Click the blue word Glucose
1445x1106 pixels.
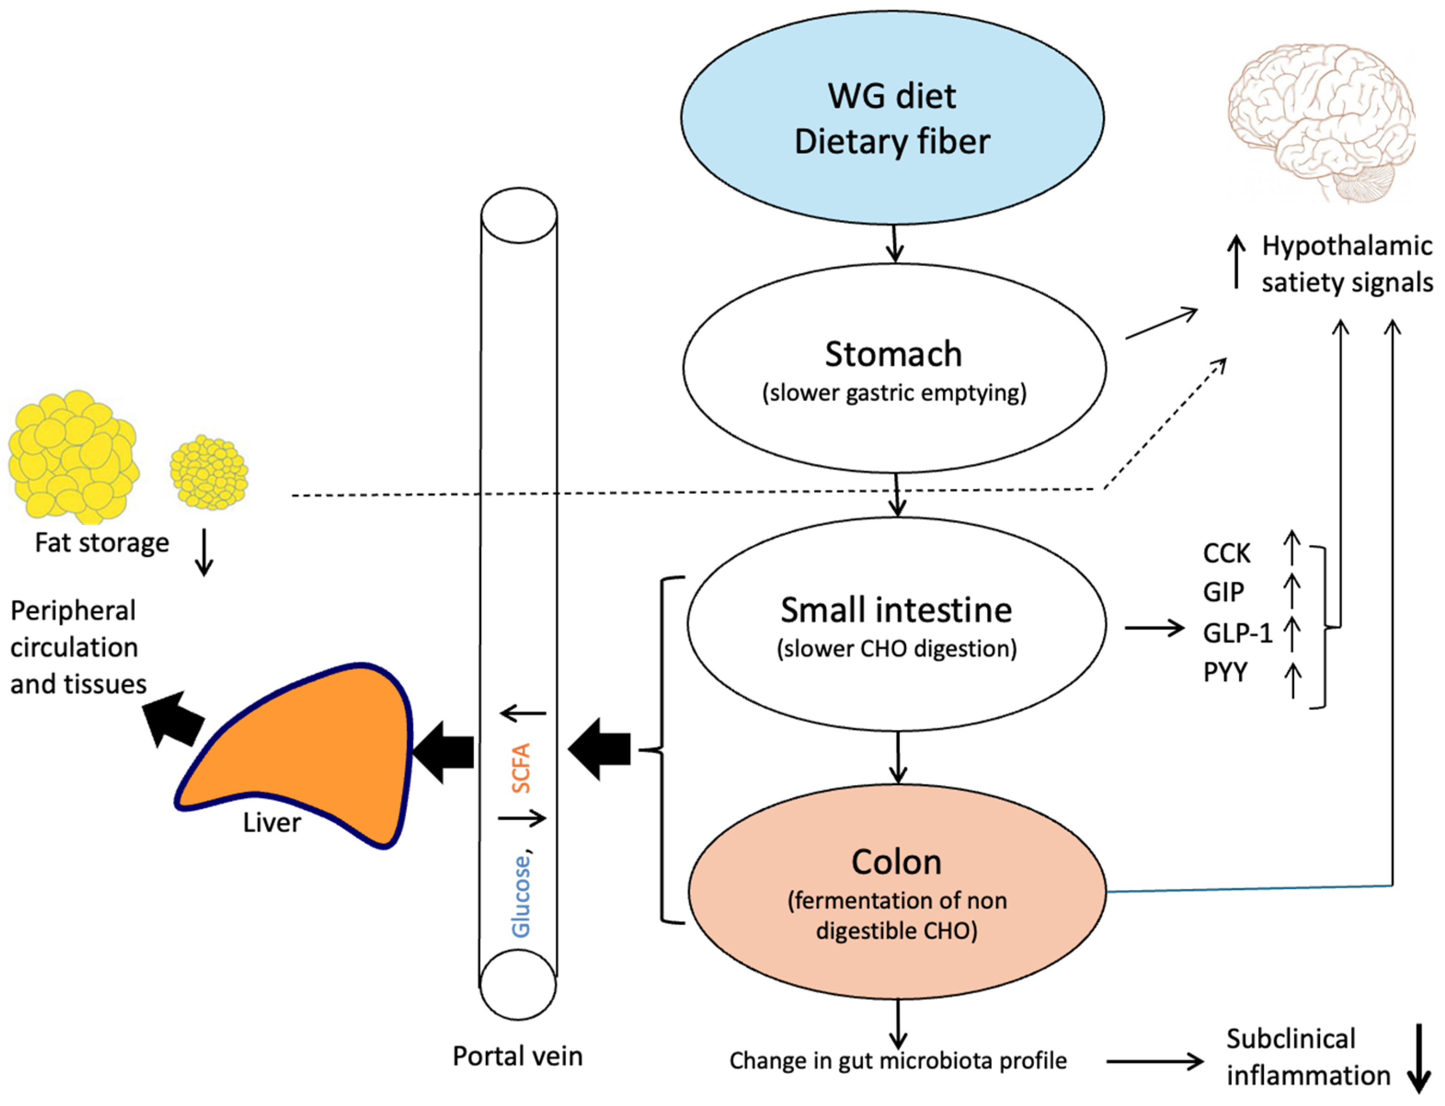521,896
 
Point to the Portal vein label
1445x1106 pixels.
517,1056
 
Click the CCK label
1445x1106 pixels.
1226,553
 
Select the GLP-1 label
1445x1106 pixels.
1237,633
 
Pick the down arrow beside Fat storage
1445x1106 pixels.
204,552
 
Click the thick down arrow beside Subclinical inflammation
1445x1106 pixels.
1419,1059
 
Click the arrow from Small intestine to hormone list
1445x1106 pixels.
1154,627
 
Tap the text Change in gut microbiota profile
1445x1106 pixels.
898,1061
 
